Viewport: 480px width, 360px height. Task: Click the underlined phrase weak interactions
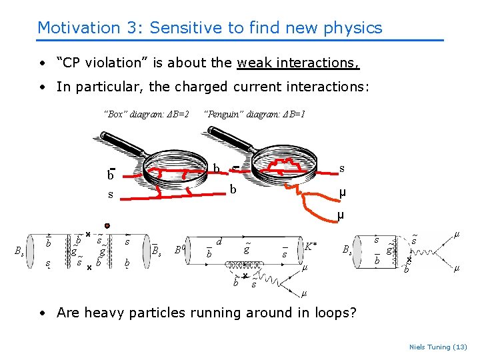[298, 63]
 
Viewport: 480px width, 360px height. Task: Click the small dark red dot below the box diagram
[107, 225]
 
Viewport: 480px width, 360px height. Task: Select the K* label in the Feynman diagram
[310, 247]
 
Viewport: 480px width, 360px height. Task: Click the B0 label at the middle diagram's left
[178, 251]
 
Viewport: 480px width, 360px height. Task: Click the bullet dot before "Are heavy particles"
[42, 313]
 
